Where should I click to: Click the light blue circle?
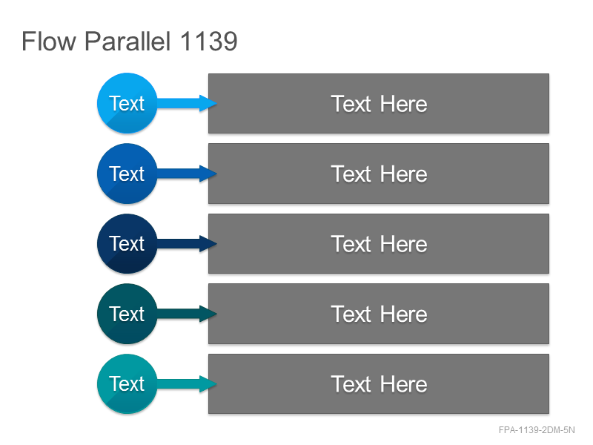pyautogui.click(x=127, y=103)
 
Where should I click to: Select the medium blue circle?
pyautogui.click(x=127, y=174)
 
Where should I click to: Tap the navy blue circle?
pyautogui.click(x=127, y=244)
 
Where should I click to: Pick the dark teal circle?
pyautogui.click(x=127, y=314)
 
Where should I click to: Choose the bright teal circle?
pyautogui.click(x=127, y=384)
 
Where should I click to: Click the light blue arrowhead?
pyautogui.click(x=208, y=103)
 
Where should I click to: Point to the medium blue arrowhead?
pyautogui.click(x=208, y=174)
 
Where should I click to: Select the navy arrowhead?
pyautogui.click(x=208, y=244)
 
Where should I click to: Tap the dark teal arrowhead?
pyautogui.click(x=208, y=314)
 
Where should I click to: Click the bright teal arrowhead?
pyautogui.click(x=208, y=384)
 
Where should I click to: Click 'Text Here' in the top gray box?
pyautogui.click(x=379, y=104)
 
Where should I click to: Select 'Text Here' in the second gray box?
pyautogui.click(x=379, y=174)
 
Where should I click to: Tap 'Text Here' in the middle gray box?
pyautogui.click(x=379, y=244)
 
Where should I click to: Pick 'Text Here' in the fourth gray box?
pyautogui.click(x=379, y=314)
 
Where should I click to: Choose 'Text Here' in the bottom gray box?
pyautogui.click(x=379, y=384)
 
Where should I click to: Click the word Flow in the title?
pyautogui.click(x=49, y=41)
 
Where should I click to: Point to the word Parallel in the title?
pyautogui.click(x=127, y=41)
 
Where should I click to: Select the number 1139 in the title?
pyautogui.click(x=209, y=41)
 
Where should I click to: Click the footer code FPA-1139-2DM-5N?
pyautogui.click(x=537, y=430)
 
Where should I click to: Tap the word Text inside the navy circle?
pyautogui.click(x=127, y=243)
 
